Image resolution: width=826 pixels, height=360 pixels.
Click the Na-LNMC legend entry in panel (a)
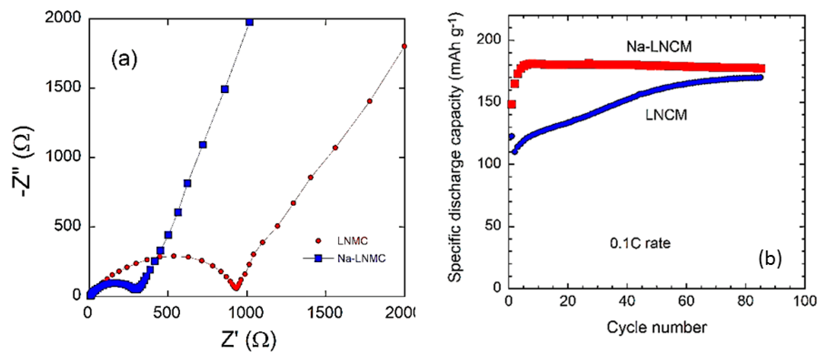coord(344,258)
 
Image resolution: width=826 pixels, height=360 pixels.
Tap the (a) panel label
coord(124,59)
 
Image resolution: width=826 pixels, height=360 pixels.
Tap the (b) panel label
coord(770,258)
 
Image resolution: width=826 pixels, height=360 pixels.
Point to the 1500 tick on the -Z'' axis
coord(64,87)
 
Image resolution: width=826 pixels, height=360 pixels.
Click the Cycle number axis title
coord(656,327)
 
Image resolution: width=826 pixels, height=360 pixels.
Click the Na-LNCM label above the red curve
coord(659,47)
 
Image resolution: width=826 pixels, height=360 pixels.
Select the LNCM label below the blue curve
coord(666,115)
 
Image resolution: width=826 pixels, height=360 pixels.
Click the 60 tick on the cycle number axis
coord(686,301)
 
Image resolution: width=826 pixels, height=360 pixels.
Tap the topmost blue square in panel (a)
coord(249,22)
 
